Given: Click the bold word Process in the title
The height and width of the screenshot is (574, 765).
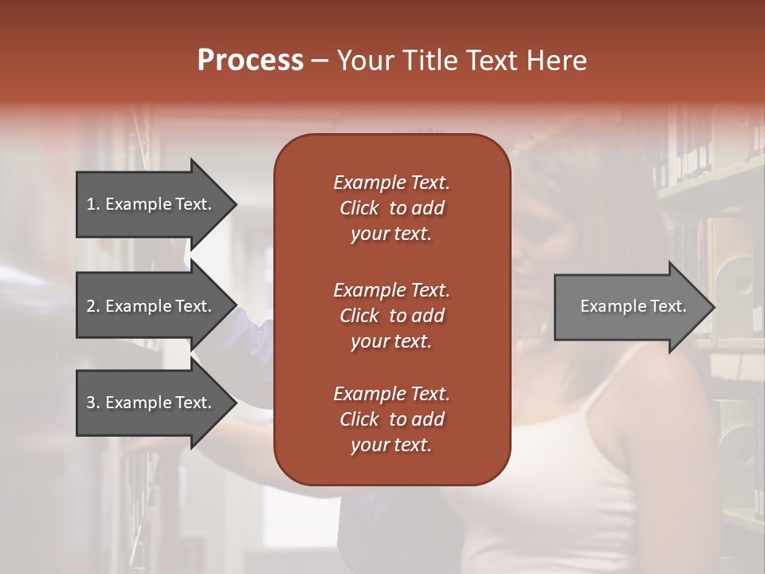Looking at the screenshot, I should pos(250,61).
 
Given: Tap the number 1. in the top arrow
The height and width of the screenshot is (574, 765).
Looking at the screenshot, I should pos(93,204).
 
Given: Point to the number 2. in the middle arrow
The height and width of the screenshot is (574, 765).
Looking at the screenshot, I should pos(93,306).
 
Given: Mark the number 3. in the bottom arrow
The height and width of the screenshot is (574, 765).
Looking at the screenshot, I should pos(93,403).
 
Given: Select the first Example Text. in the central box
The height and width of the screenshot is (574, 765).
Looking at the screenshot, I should pos(391,183).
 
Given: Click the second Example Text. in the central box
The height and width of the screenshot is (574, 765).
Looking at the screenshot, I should pos(391,289).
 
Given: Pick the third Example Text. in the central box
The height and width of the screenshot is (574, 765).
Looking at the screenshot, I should pos(391,394).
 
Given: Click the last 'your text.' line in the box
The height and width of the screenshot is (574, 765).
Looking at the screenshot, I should pos(391,446).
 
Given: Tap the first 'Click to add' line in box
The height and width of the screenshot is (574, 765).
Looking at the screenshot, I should pos(391,208).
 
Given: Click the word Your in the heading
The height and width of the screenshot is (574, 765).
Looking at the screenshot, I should pos(363,61).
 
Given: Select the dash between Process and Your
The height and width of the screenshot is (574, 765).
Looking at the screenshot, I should pos(320,61).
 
